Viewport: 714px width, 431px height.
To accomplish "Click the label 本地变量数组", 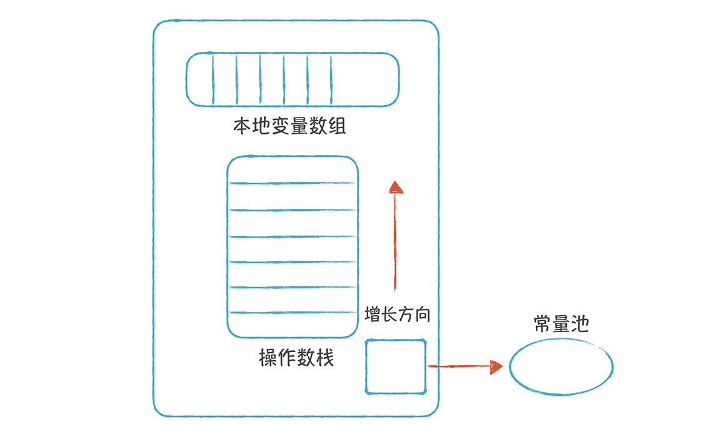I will (289, 127).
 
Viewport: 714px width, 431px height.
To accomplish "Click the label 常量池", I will (561, 324).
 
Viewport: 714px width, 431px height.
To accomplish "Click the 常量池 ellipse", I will (561, 367).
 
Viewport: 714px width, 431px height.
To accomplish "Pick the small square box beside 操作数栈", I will (395, 367).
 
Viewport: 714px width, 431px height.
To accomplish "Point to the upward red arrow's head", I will (395, 186).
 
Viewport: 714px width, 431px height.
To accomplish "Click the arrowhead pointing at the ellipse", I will (496, 367).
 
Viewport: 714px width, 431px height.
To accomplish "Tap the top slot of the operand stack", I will (292, 170).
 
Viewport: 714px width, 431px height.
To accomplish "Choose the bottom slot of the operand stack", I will (292, 324).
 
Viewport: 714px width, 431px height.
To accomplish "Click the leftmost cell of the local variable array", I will (200, 79).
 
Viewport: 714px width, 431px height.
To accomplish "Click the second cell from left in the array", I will (224, 79).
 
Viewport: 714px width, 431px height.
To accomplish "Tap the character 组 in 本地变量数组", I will (338, 127).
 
